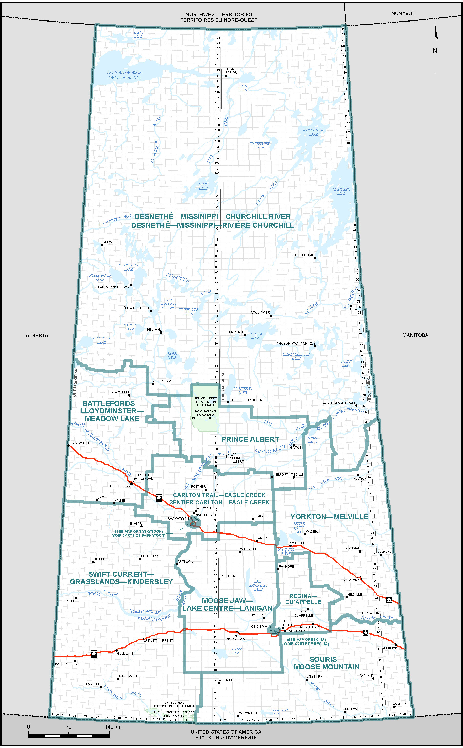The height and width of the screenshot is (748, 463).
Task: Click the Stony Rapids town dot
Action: [x=226, y=76]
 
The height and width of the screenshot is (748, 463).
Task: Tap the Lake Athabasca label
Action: [x=124, y=75]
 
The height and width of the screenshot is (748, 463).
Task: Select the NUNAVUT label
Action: [x=403, y=14]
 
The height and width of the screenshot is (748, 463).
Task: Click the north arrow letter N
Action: [x=435, y=50]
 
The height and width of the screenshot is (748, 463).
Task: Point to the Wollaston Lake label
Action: [x=313, y=132]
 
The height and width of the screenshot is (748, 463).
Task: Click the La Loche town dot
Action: [x=102, y=245]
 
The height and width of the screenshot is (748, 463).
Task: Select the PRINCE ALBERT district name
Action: [x=250, y=439]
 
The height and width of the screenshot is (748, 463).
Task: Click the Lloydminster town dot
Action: [x=68, y=446]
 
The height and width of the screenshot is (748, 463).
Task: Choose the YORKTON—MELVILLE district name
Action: [x=329, y=517]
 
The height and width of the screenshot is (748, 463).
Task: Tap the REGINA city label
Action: [x=259, y=626]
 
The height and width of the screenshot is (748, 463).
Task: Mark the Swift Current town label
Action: [x=160, y=640]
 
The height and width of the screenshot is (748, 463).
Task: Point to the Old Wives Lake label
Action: [x=235, y=651]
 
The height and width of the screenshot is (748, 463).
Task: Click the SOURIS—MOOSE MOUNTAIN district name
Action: [x=327, y=663]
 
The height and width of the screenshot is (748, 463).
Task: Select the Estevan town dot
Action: [x=344, y=712]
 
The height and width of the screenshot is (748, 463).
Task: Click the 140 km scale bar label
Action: [x=113, y=726]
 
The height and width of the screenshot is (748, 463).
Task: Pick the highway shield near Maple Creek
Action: [x=94, y=654]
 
